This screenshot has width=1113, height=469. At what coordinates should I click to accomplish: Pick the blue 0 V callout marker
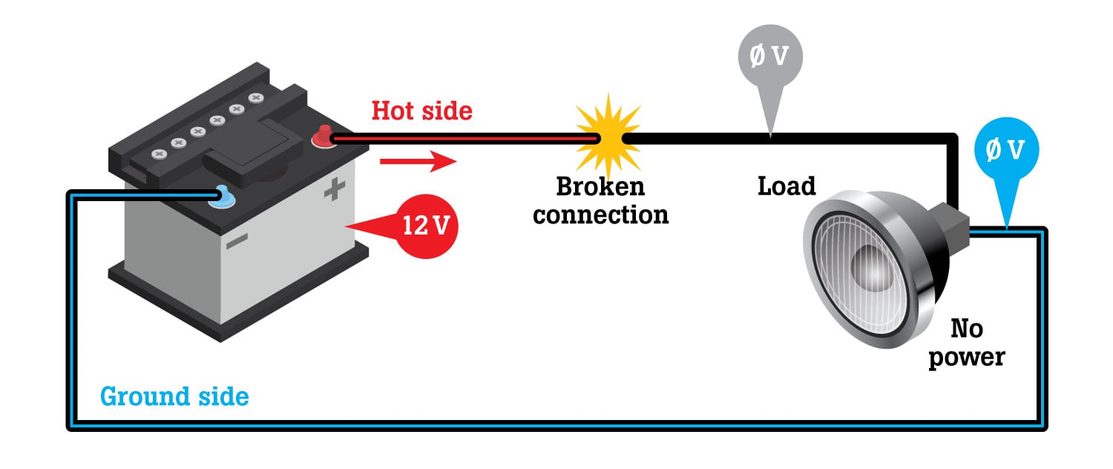1006,151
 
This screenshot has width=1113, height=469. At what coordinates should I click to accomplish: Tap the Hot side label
421,111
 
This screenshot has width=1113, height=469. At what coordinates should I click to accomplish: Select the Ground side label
174,396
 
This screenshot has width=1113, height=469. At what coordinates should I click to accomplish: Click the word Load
787,186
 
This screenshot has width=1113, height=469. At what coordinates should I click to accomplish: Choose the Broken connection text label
601,200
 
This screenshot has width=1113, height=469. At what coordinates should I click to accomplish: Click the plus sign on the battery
335,191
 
